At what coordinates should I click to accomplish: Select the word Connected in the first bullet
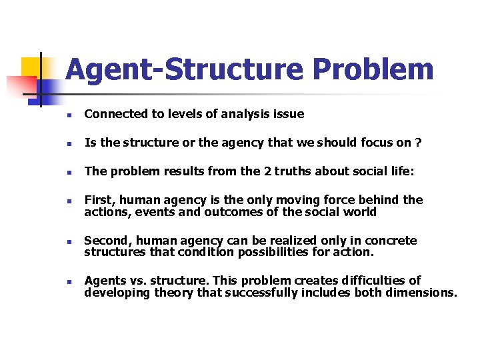click(112, 114)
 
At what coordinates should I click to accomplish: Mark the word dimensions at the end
click(421, 292)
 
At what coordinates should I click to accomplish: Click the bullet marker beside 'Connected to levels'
click(69, 115)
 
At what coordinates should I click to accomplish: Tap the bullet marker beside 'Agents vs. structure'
click(69, 281)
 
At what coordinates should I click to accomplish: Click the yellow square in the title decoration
click(31, 68)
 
